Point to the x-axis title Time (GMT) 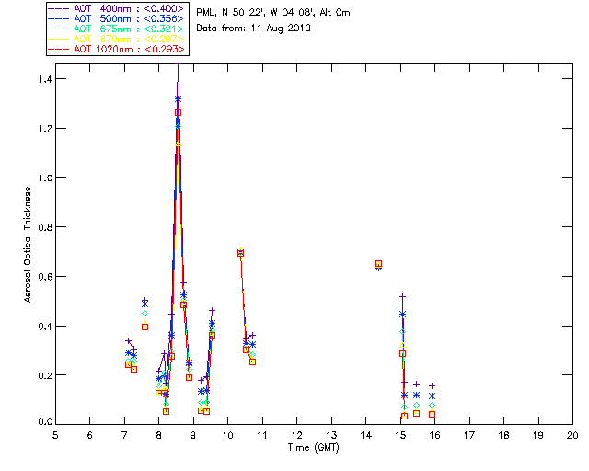312,447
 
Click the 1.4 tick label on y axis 43,79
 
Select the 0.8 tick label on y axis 43,227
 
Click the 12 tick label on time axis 296,434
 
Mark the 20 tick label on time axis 572,434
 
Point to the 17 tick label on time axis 469,434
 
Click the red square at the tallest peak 178,113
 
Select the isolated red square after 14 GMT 379,264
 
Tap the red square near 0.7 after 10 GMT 241,252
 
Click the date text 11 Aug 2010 286,28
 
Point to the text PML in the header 207,11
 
